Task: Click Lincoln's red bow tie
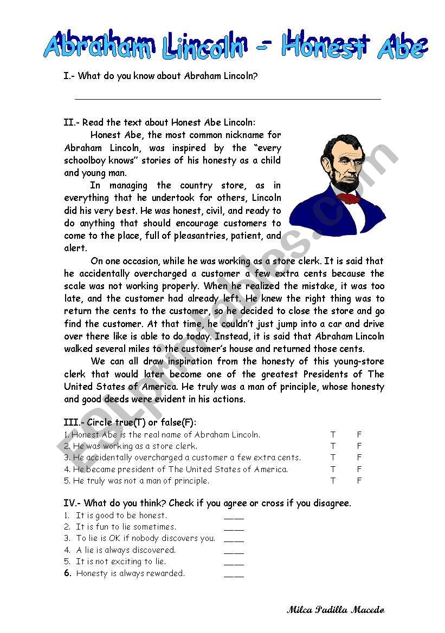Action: pos(349,198)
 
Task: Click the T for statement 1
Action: pos(333,435)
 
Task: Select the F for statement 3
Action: pos(359,458)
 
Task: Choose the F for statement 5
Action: pos(359,481)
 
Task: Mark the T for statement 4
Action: pos(333,469)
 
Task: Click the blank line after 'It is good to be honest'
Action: pos(234,518)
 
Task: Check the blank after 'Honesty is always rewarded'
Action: pos(234,576)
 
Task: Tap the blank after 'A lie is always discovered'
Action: pos(234,552)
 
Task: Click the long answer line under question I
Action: pos(228,99)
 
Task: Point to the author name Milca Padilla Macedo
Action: pos(336,610)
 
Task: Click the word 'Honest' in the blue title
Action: pos(325,45)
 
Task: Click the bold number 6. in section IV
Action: pos(68,573)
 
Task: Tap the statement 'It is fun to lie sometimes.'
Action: pos(126,527)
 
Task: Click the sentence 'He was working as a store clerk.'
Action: pos(135,446)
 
